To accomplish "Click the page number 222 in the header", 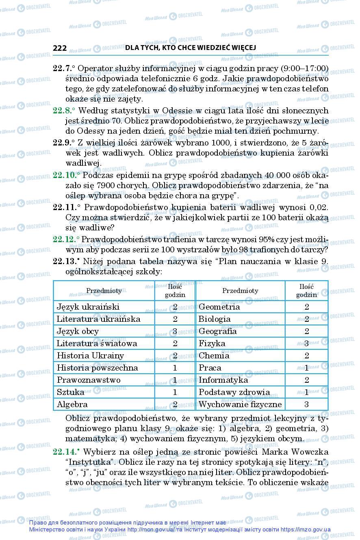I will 60,48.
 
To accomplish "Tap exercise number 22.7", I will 63,68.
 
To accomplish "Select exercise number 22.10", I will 65,175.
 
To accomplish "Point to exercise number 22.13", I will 65,261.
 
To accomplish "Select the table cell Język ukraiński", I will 88,307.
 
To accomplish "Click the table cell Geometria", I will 219,307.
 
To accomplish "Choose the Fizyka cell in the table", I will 212,343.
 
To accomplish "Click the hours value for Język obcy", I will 175,331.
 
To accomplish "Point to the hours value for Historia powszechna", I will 175,368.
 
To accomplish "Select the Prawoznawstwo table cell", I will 89,380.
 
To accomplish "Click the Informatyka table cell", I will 223,380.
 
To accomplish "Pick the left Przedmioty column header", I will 104,291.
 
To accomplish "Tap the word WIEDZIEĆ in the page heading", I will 210,48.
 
